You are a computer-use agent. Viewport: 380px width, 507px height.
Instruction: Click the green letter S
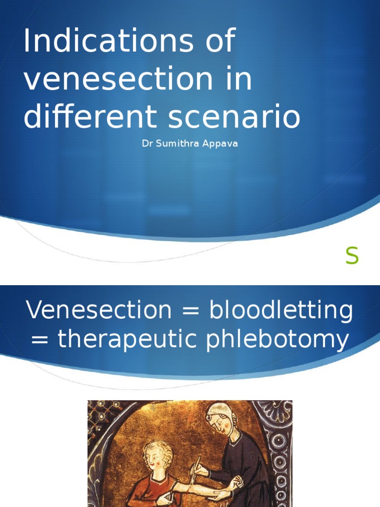(352, 256)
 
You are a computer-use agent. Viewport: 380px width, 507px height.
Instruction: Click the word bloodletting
(281, 310)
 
